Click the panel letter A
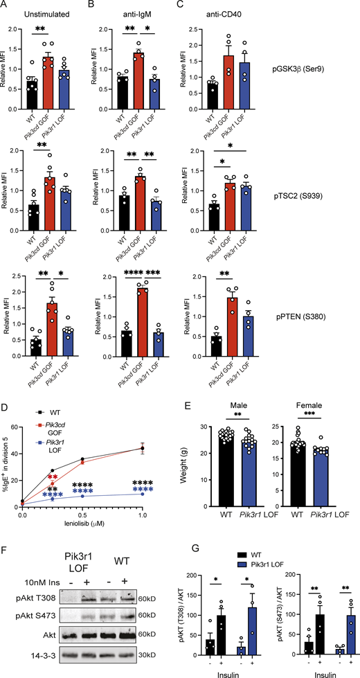click(x=6, y=6)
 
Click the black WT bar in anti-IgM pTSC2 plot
click(x=123, y=211)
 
